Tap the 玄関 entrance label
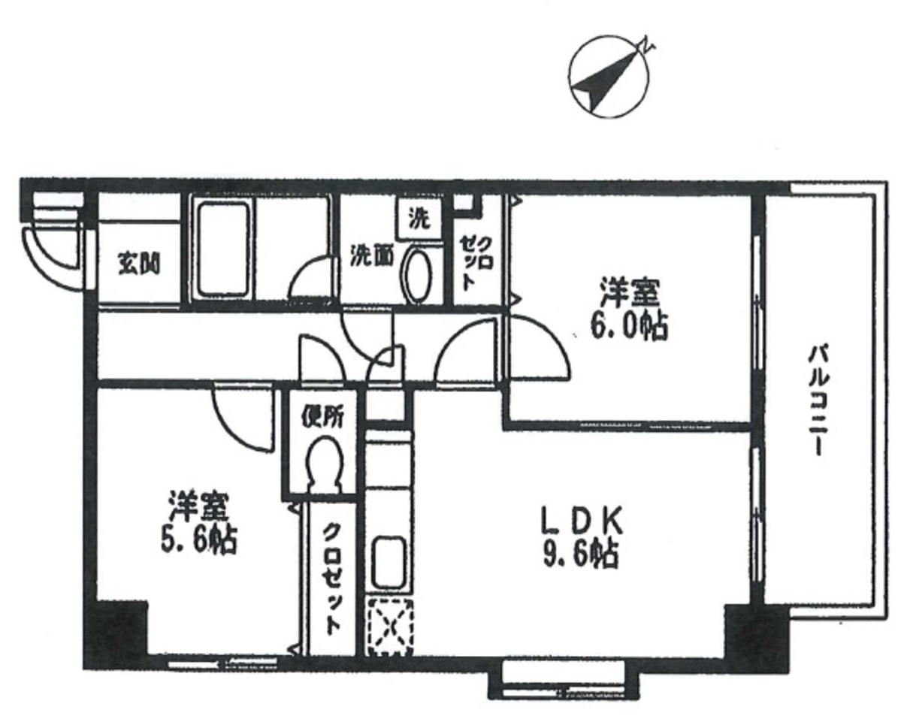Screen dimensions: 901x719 [139, 264]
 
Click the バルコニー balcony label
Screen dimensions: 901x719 [818, 400]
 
